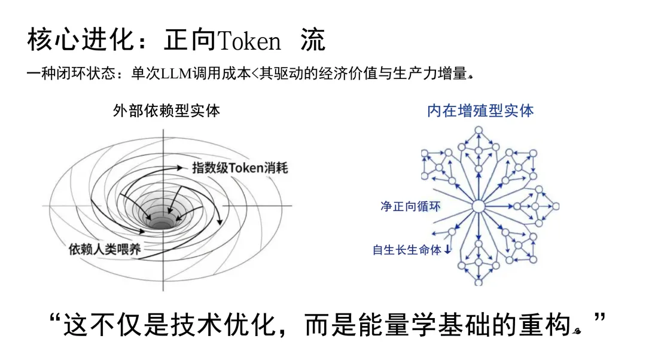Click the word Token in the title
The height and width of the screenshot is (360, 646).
point(249,41)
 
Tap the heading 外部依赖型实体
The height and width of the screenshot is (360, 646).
point(166,111)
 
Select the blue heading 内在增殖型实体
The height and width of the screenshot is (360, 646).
point(480,111)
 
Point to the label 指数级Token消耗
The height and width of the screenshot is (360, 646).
point(240,167)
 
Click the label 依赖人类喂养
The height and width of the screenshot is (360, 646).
point(105,249)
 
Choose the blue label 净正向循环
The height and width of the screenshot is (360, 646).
point(410,206)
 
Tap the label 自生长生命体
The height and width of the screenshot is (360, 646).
point(407,250)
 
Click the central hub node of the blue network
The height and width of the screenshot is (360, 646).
point(479,207)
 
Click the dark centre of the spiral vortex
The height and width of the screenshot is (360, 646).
point(160,223)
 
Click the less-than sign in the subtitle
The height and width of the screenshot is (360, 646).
point(254,75)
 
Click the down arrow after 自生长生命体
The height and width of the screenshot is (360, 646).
point(447,250)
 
